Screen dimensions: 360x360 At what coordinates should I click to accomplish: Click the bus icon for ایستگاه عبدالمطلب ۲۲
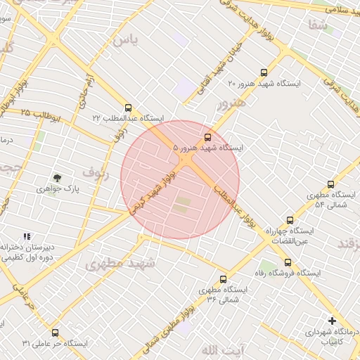click(128, 108)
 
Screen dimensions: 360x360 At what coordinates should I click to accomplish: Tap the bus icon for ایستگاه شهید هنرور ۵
click(207, 137)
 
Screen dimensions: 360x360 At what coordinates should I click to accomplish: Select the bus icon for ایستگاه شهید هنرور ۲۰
click(264, 72)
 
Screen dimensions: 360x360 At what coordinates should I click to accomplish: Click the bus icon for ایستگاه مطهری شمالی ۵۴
click(330, 183)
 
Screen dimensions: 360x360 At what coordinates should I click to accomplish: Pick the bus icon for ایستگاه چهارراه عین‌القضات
click(290, 220)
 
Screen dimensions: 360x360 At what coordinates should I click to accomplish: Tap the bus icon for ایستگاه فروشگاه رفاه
click(287, 262)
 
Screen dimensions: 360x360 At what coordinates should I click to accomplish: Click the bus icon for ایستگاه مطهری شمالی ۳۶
click(224, 279)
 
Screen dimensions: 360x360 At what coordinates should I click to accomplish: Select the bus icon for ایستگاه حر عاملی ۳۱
click(56, 333)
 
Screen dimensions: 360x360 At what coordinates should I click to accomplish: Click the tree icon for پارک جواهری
click(58, 178)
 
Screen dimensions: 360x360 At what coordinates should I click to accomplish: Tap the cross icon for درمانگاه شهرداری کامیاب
click(332, 321)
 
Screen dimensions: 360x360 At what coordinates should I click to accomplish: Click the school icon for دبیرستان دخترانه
click(27, 237)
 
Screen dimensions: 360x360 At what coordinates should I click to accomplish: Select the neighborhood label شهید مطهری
click(114, 264)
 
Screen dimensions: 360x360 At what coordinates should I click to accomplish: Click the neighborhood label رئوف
click(95, 171)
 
